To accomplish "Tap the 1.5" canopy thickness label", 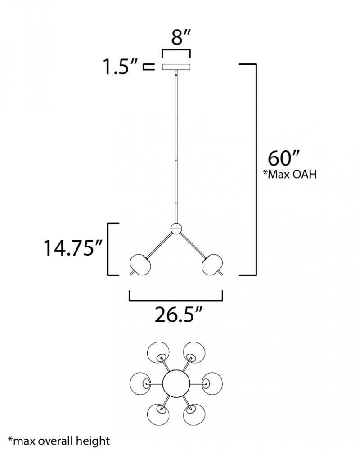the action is (x=121, y=67).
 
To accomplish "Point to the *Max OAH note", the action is (x=290, y=174).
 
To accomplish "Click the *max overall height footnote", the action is (x=59, y=441).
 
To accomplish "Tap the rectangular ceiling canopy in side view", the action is (x=176, y=67).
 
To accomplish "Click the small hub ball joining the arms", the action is (x=176, y=229).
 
